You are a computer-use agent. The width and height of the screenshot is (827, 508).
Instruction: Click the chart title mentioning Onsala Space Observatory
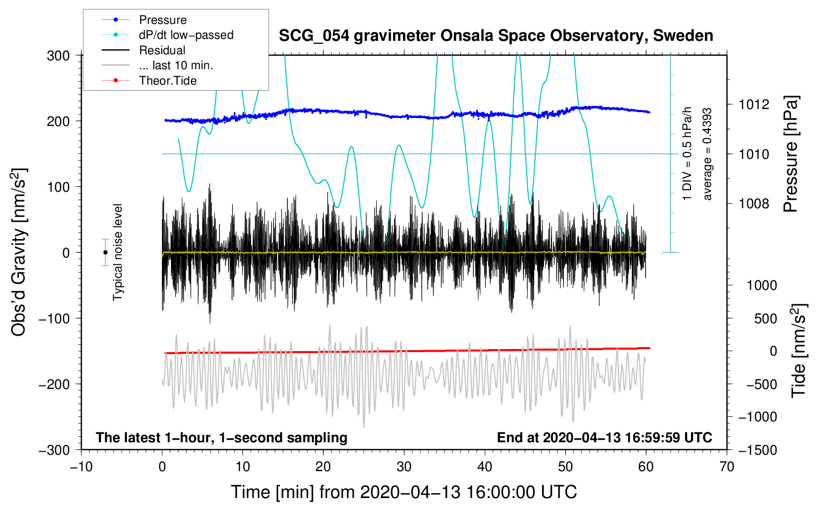[x=496, y=36]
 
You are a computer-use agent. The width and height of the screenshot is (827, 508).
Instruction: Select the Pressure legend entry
[x=162, y=20]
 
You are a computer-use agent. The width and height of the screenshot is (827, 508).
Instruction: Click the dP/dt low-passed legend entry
[x=186, y=35]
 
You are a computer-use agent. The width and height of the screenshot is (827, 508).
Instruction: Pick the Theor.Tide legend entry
[x=167, y=81]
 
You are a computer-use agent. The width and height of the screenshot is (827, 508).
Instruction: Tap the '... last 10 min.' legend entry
[x=176, y=65]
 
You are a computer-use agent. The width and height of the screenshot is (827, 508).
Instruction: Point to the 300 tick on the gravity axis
[x=58, y=56]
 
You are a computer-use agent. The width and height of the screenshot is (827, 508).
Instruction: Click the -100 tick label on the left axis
[x=55, y=318]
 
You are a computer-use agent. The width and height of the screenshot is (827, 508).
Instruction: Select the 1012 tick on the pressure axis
[x=754, y=105]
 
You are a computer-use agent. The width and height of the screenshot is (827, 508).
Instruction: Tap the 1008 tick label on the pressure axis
[x=754, y=203]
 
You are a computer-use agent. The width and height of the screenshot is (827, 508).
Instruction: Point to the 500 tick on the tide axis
[x=765, y=319]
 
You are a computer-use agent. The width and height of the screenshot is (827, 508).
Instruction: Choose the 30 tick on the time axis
[x=404, y=467]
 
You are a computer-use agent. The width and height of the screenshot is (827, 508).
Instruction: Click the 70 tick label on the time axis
[x=727, y=467]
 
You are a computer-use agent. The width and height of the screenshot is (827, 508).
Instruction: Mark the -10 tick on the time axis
[x=81, y=467]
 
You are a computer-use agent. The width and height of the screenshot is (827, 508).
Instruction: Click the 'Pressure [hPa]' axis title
[x=791, y=154]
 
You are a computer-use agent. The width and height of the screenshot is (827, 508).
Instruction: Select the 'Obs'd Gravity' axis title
[x=18, y=253]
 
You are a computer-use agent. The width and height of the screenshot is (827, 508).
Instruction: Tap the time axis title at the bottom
[x=404, y=492]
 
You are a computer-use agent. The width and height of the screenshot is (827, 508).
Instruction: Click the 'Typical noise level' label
[x=118, y=253]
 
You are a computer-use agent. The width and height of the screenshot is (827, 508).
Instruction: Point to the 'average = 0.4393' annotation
[x=707, y=154]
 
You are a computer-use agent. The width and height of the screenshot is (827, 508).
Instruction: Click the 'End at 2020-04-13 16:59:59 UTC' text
[x=604, y=438]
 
